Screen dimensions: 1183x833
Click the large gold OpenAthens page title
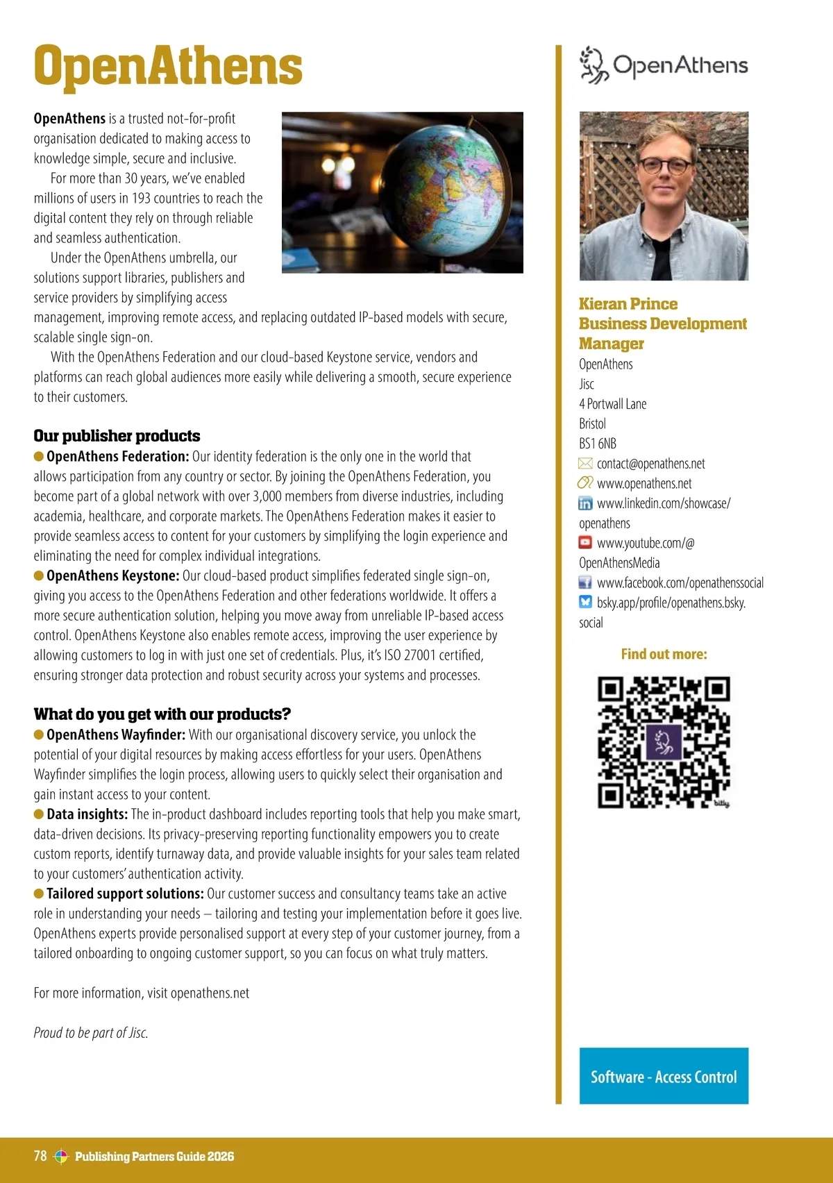click(x=168, y=66)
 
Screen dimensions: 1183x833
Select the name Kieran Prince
click(x=628, y=304)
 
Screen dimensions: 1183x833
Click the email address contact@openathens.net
click(x=650, y=464)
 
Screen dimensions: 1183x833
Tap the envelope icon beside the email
click(x=585, y=464)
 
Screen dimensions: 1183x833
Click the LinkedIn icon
click(x=585, y=503)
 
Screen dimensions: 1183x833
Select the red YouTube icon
click(x=585, y=543)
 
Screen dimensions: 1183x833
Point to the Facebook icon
click(x=585, y=582)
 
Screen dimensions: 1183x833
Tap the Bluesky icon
click(x=585, y=603)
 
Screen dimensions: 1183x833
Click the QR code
click(x=664, y=742)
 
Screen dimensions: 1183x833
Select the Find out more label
click(x=664, y=654)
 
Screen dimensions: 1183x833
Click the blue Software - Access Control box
click(x=664, y=1076)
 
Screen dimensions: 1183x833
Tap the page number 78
click(x=40, y=1156)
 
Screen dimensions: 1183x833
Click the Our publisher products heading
click(x=117, y=436)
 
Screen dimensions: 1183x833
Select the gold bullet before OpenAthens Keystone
click(x=39, y=576)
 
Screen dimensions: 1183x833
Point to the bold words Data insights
click(x=87, y=814)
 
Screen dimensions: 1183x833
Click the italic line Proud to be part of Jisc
click(x=91, y=1033)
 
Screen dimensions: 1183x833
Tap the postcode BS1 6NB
click(x=598, y=444)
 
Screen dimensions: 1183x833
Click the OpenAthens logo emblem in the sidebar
click(x=594, y=65)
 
